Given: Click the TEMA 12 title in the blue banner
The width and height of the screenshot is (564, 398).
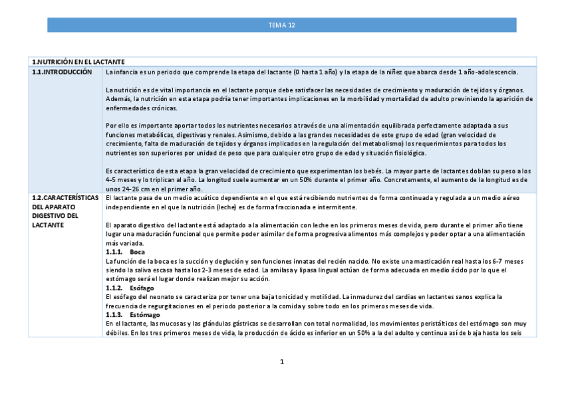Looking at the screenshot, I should pos(281,25).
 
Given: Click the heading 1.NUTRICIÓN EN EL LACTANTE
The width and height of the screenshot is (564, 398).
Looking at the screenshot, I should pos(78,62).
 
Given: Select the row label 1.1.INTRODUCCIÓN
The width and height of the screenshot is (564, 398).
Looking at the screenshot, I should pos(62,71).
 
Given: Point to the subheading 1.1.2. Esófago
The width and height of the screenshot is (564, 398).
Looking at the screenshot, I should pos(129,288).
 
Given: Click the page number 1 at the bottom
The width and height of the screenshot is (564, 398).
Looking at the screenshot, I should pos(282,361).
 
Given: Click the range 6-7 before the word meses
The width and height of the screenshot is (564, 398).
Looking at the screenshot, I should pos(506,261).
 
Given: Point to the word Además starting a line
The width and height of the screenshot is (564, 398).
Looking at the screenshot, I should pos(117,98).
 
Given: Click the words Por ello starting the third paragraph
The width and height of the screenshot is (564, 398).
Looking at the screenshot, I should pos(118,126).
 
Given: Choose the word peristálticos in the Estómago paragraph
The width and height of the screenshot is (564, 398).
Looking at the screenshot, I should pos(424,323).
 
